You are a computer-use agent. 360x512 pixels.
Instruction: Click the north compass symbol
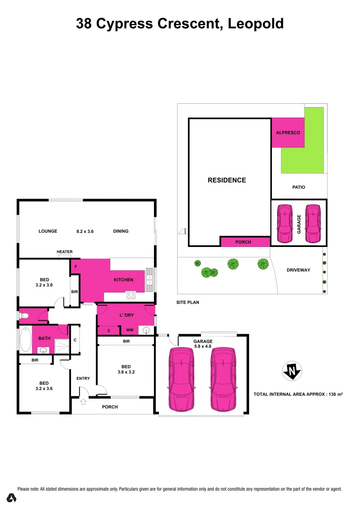click(292, 371)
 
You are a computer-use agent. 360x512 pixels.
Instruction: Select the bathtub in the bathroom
click(25, 338)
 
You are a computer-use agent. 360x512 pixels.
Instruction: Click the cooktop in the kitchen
click(130, 295)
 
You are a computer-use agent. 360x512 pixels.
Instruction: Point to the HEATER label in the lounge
click(64, 252)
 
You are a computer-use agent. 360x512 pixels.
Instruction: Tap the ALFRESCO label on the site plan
click(288, 133)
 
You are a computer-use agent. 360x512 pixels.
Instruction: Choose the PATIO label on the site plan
click(298, 187)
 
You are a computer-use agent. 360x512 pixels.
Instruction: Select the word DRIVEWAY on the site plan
click(298, 270)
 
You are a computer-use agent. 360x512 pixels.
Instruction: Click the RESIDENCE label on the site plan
click(227, 180)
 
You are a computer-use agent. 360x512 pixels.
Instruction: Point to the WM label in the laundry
click(129, 330)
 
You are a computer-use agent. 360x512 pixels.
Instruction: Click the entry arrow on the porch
click(84, 402)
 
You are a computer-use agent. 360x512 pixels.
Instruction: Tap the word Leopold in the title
click(256, 23)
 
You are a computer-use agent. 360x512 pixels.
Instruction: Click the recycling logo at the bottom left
click(12, 498)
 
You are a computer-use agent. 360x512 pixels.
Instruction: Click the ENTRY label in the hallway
click(83, 378)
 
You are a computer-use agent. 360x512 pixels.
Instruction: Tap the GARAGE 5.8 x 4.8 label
click(203, 344)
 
